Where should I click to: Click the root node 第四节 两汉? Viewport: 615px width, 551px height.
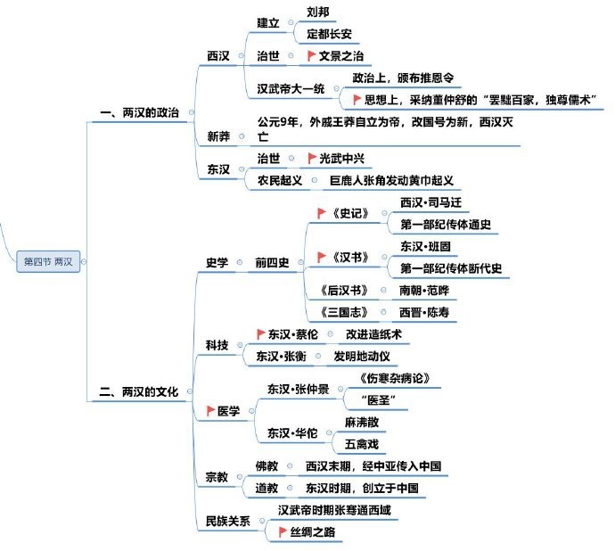(x=48, y=261)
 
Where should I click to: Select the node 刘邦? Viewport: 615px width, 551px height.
(x=317, y=12)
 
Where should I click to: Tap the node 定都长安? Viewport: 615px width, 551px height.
(x=329, y=34)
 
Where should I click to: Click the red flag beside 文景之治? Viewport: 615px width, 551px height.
(x=311, y=56)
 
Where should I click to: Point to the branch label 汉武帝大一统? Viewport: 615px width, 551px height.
(x=291, y=88)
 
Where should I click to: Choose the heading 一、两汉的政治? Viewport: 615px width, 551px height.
(x=140, y=112)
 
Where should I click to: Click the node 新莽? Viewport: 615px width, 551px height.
(x=218, y=136)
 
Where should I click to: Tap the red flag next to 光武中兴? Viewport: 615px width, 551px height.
(x=312, y=158)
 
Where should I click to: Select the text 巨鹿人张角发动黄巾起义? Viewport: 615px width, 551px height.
(x=391, y=180)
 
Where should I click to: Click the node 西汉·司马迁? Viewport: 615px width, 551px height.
(x=430, y=202)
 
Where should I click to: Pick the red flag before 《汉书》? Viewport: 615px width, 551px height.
(x=321, y=257)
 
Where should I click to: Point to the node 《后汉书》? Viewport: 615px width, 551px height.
(x=344, y=291)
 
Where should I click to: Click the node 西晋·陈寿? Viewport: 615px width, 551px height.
(x=424, y=312)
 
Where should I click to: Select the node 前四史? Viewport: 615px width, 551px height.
(x=272, y=262)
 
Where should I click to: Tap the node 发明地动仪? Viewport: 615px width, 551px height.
(x=362, y=357)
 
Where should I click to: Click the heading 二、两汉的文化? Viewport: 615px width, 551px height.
(x=139, y=391)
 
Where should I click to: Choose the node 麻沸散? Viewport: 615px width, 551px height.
(x=362, y=423)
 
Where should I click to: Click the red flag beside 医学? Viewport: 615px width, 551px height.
(x=210, y=411)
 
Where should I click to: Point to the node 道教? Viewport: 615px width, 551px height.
(x=266, y=489)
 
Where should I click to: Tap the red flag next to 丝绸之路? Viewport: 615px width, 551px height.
(x=282, y=531)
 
